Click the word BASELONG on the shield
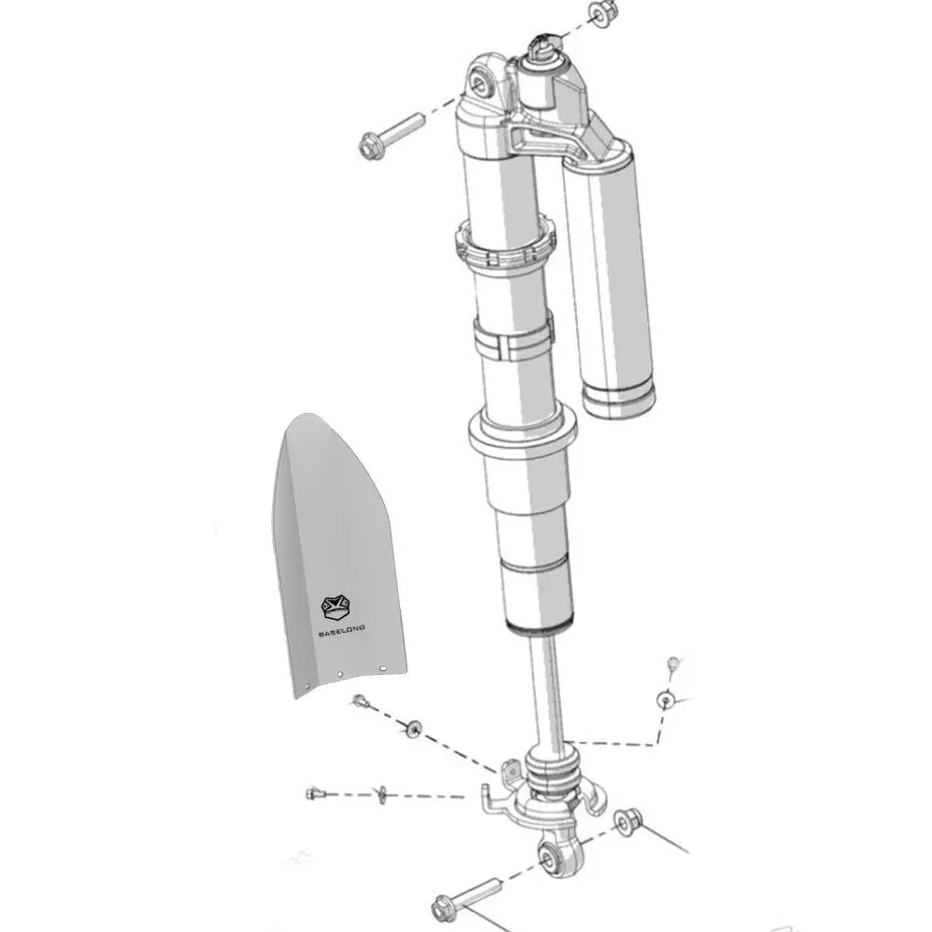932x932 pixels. tap(342, 630)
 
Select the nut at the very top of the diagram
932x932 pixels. tap(604, 12)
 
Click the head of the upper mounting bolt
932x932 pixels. tap(371, 145)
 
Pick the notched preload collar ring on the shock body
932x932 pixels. tap(506, 245)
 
